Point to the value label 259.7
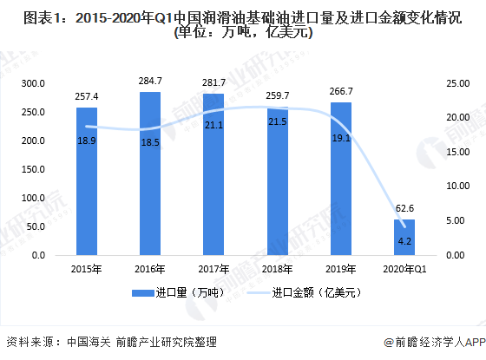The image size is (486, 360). point(278,96)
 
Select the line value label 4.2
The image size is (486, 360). point(404,240)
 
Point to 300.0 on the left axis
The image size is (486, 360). point(32,83)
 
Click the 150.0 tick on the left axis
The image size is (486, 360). point(32,169)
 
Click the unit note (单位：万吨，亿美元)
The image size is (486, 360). point(243,33)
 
